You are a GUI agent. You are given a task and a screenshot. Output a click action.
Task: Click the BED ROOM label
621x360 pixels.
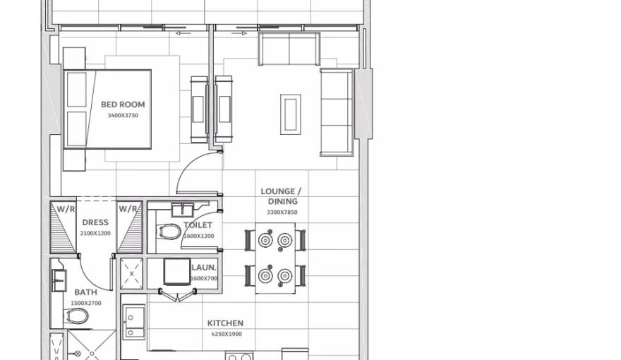pyautogui.click(x=123, y=104)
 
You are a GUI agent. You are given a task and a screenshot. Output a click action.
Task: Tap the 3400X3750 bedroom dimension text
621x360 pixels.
pyautogui.click(x=123, y=115)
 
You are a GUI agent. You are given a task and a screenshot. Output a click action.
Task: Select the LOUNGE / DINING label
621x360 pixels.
pyautogui.click(x=281, y=196)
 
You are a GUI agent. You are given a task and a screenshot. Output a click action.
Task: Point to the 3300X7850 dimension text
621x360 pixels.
pyautogui.click(x=282, y=212)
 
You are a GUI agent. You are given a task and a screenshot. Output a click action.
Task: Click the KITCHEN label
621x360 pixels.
pyautogui.click(x=225, y=323)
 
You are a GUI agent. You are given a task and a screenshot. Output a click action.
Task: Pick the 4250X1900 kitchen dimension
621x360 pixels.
pyautogui.click(x=225, y=334)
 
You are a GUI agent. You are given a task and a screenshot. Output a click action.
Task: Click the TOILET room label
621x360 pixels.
pyautogui.click(x=198, y=225)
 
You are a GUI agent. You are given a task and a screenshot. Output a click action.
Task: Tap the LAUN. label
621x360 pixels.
pyautogui.click(x=204, y=268)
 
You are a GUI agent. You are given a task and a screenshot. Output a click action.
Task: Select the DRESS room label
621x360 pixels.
pyautogui.click(x=95, y=222)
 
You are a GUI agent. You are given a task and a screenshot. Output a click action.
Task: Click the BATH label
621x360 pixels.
pyautogui.click(x=86, y=292)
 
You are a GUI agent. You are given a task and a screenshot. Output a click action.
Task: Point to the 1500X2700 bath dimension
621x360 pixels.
pyautogui.click(x=86, y=303)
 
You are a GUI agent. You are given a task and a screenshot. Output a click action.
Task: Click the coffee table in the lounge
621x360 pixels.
pyautogui.click(x=290, y=114)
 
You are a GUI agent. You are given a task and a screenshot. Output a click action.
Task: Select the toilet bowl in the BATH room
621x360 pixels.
pyautogui.click(x=78, y=315)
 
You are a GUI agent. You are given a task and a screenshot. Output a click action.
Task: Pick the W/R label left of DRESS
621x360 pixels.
pyautogui.click(x=66, y=209)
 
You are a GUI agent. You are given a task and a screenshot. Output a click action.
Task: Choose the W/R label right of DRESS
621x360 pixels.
pyautogui.click(x=128, y=209)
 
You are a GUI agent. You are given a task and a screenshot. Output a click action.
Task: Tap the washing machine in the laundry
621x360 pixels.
pyautogui.click(x=176, y=272)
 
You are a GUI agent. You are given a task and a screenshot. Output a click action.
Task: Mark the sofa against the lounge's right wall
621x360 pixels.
pyautogui.click(x=337, y=112)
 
